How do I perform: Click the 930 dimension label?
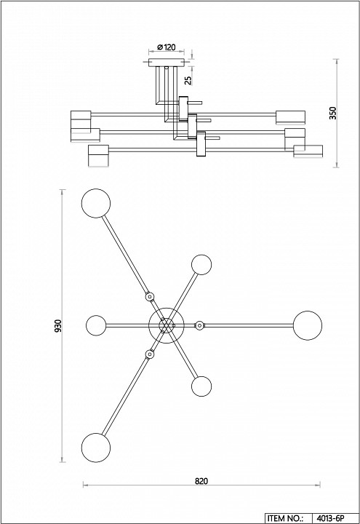(58, 326)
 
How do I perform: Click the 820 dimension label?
(201, 481)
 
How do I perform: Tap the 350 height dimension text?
(333, 113)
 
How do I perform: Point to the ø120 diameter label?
(167, 47)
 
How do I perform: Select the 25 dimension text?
(188, 80)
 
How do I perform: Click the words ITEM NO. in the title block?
(285, 518)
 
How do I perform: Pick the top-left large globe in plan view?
(96, 203)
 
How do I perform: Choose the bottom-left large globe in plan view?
(96, 448)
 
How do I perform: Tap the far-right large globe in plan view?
(308, 325)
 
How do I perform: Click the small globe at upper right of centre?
(201, 265)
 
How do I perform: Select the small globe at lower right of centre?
(201, 386)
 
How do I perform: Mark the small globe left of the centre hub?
(96, 325)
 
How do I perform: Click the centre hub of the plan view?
(167, 325)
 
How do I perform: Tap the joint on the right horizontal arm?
(199, 325)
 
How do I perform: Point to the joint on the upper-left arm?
(150, 296)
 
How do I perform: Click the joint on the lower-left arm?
(150, 354)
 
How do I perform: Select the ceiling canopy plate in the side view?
(167, 63)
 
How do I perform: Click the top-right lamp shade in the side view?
(290, 117)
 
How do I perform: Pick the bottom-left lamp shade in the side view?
(98, 156)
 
